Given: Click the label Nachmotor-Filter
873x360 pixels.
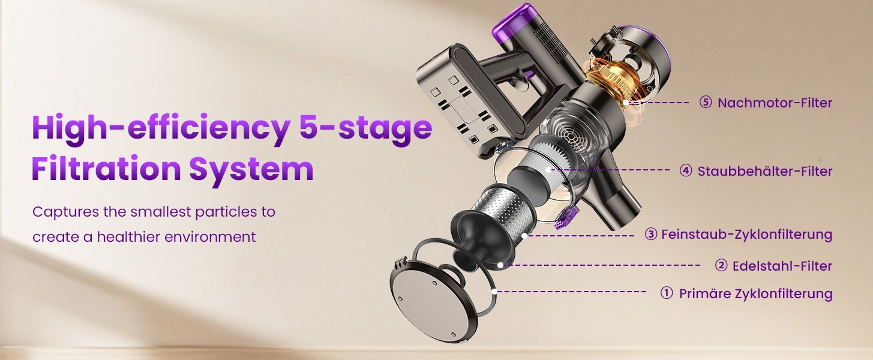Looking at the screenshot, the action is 775,103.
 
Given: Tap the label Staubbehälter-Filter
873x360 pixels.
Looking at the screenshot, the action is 764,171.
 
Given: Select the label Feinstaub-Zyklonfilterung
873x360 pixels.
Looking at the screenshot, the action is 747,235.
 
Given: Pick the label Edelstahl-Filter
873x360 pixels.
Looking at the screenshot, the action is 782,266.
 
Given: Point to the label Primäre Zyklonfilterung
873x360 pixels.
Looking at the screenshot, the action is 755,294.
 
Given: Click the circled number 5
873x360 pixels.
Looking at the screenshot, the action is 706,103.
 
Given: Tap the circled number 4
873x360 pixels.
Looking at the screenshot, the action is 686,171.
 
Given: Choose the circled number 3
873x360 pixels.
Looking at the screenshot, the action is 651,235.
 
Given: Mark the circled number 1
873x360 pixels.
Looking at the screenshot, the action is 667,293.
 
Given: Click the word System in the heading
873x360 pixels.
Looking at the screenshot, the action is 251,169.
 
